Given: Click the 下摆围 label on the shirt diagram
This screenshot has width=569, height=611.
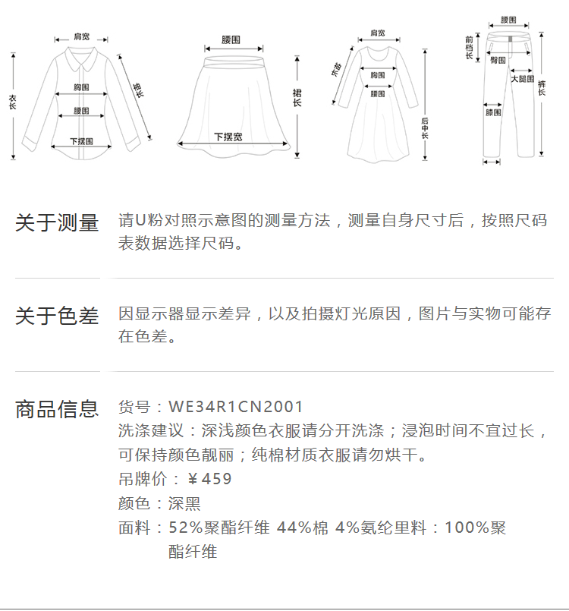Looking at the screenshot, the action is click(81, 141).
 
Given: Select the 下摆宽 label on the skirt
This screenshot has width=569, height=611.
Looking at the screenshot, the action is click(228, 137).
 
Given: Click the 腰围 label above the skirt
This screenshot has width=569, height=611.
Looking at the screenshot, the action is click(231, 39).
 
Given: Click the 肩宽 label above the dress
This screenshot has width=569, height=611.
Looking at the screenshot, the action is click(377, 33).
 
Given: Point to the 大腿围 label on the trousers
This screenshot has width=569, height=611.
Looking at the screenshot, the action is click(522, 78).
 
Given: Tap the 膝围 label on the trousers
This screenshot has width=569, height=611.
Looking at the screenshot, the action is click(493, 112).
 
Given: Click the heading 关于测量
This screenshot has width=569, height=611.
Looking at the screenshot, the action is click(57, 223).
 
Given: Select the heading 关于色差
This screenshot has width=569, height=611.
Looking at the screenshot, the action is click(57, 316).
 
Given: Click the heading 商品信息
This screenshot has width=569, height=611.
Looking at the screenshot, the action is click(57, 409).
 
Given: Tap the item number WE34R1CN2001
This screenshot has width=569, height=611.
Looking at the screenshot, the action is click(235, 407).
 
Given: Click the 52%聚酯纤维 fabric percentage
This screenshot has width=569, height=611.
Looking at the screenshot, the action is click(218, 528).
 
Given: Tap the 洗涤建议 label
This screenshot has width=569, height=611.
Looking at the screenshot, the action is click(152, 431).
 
